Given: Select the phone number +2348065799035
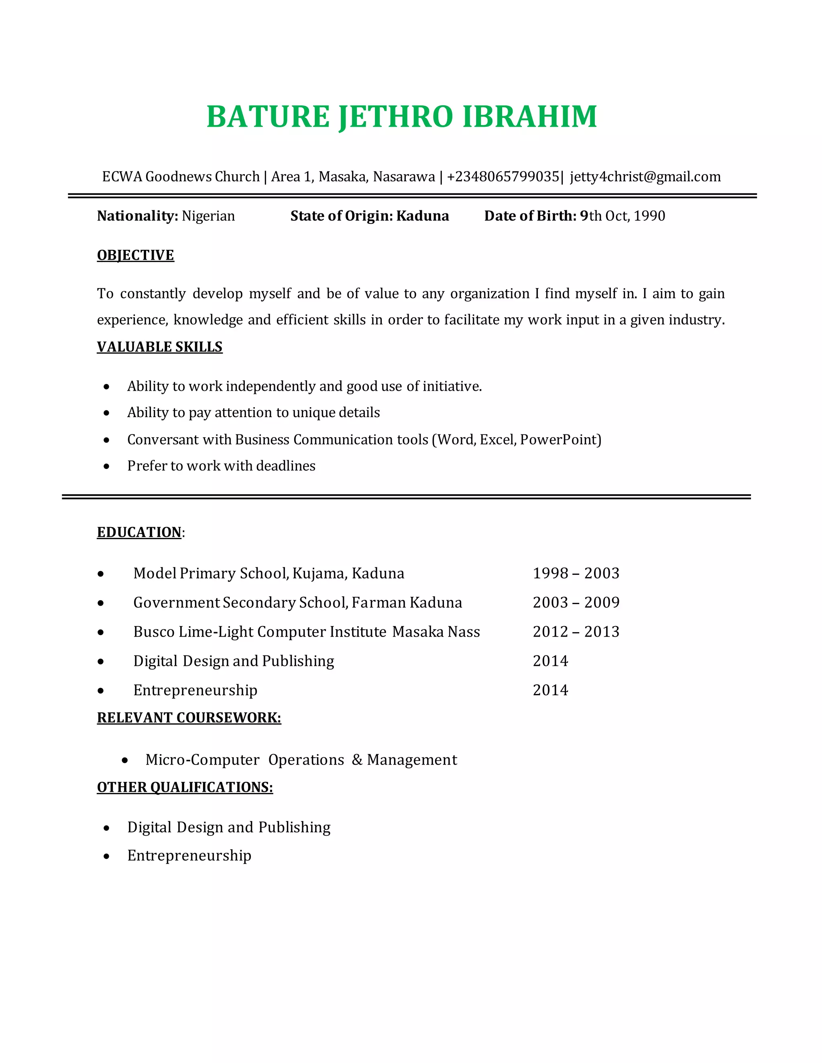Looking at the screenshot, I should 503,176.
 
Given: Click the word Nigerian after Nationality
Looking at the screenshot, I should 208,216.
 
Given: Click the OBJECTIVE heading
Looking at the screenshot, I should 135,255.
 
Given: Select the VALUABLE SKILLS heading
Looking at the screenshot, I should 159,347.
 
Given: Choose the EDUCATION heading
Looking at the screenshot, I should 139,532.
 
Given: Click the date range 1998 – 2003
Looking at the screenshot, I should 576,573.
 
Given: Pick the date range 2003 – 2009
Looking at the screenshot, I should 576,603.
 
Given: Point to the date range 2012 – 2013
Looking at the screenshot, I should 576,632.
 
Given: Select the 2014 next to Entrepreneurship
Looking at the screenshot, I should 550,690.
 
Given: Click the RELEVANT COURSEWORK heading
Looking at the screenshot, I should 189,718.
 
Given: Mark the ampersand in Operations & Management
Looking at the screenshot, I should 357,760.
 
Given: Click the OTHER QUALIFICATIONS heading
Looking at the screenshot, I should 185,787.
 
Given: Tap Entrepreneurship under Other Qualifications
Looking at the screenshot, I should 189,855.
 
